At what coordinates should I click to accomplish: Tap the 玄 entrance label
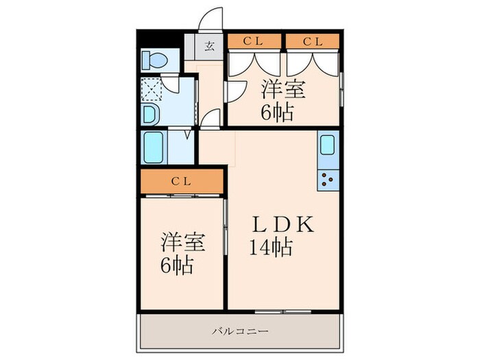(208, 48)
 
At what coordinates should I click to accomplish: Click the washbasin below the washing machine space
(150, 113)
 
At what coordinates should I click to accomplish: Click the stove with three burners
(327, 180)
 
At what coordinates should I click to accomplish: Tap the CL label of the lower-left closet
(181, 181)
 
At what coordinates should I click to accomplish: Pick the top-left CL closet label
(253, 42)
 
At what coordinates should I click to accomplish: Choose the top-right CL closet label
(313, 42)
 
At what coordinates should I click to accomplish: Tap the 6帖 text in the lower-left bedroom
(177, 265)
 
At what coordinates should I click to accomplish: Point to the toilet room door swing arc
(172, 85)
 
